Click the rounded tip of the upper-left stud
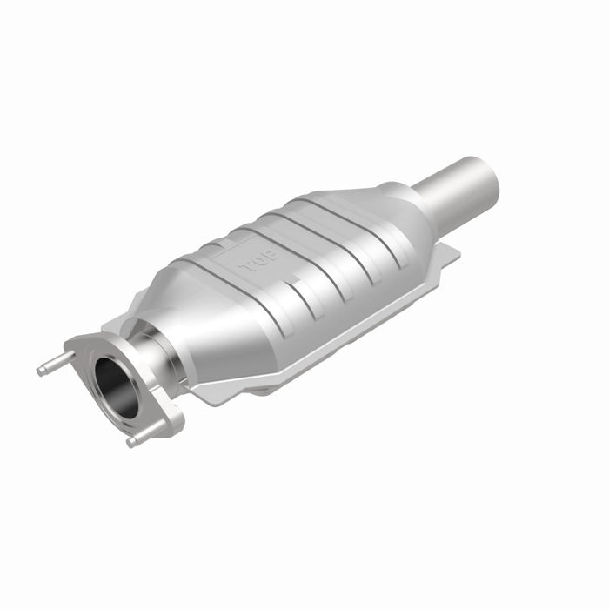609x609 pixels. point(40,371)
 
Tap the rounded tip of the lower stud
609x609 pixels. point(130,443)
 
